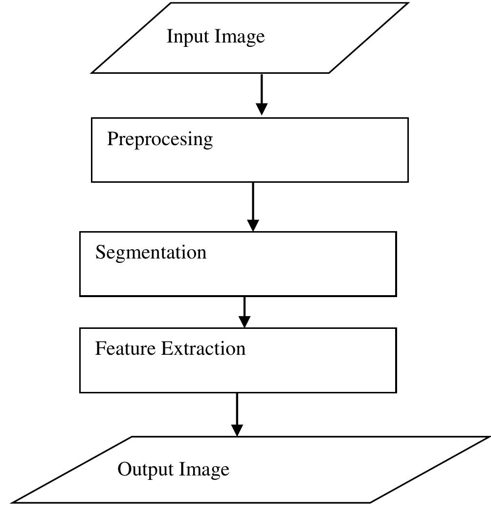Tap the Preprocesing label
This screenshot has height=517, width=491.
160,140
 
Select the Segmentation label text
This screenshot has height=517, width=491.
151,253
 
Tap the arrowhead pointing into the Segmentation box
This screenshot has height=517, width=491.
253,225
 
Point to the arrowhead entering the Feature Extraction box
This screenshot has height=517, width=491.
244,322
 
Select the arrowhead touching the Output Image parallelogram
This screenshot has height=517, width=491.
237,430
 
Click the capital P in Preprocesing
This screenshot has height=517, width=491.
112,139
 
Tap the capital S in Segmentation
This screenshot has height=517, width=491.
100,252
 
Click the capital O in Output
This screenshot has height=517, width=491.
124,470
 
